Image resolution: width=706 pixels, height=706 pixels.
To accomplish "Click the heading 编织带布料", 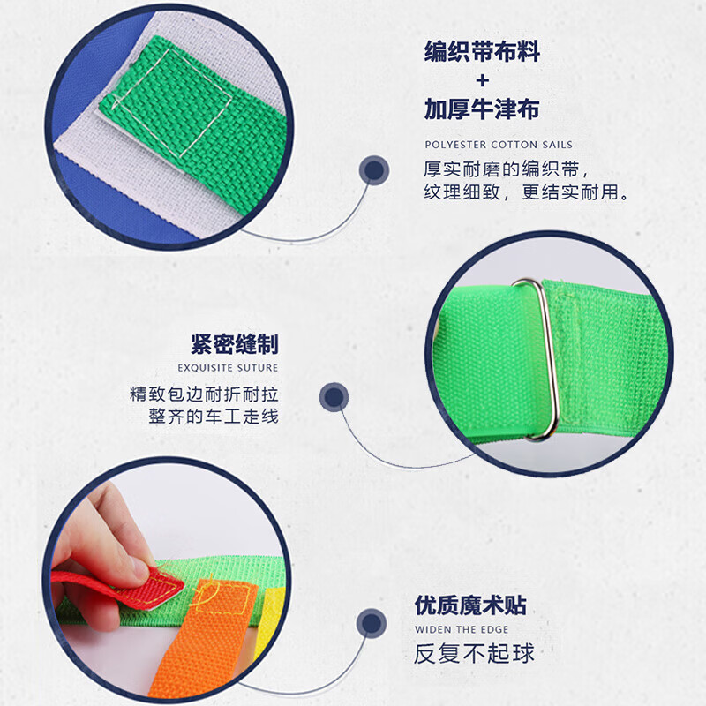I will point(481,52).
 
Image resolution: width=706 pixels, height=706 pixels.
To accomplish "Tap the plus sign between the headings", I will point(482,81).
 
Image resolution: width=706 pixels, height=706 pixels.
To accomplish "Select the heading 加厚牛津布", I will point(481,109).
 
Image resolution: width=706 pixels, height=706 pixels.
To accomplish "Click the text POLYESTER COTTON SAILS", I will point(499,145).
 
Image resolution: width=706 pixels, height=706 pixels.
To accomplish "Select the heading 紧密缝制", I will point(234,343).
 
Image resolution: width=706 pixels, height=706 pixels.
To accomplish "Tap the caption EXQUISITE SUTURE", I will point(228,367).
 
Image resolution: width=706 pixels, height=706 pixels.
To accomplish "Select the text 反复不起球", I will point(475,654).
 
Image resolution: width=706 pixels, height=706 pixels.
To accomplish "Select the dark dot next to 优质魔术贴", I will point(372,625).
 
